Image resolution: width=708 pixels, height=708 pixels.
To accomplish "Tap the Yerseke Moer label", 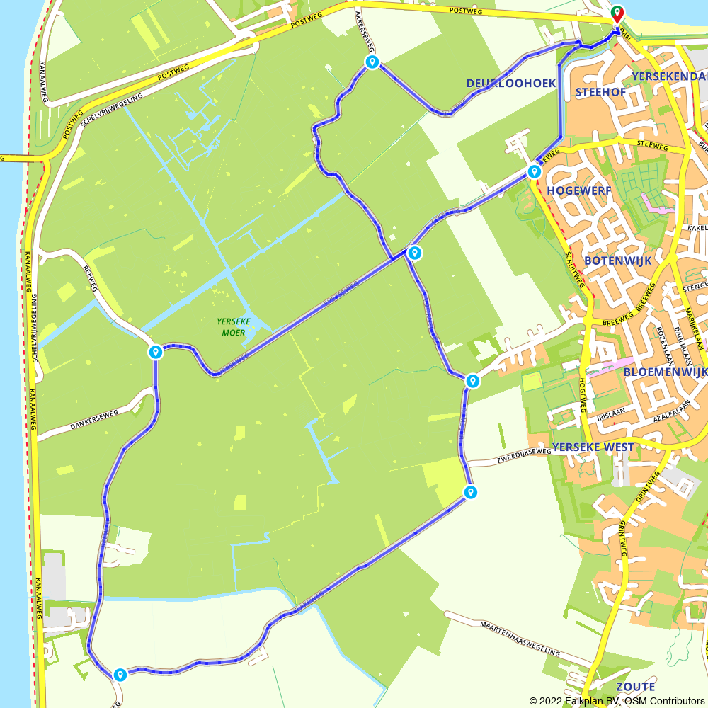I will [x=234, y=326].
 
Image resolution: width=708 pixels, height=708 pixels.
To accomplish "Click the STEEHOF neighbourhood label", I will [x=602, y=92].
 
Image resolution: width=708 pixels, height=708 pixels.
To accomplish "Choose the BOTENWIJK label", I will [x=617, y=261].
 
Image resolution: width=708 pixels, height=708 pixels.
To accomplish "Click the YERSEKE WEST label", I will [x=593, y=447].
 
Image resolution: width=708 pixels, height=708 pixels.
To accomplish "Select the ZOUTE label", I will [x=635, y=687].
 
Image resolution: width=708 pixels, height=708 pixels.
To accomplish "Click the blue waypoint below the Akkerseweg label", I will [x=372, y=62].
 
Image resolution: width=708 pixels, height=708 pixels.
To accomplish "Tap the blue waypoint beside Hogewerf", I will [x=534, y=171].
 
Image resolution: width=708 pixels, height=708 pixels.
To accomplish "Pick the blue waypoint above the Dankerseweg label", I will [x=156, y=352].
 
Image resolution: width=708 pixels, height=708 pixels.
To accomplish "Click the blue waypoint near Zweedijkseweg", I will [x=469, y=492].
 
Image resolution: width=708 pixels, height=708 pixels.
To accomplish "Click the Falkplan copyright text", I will [x=617, y=701].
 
